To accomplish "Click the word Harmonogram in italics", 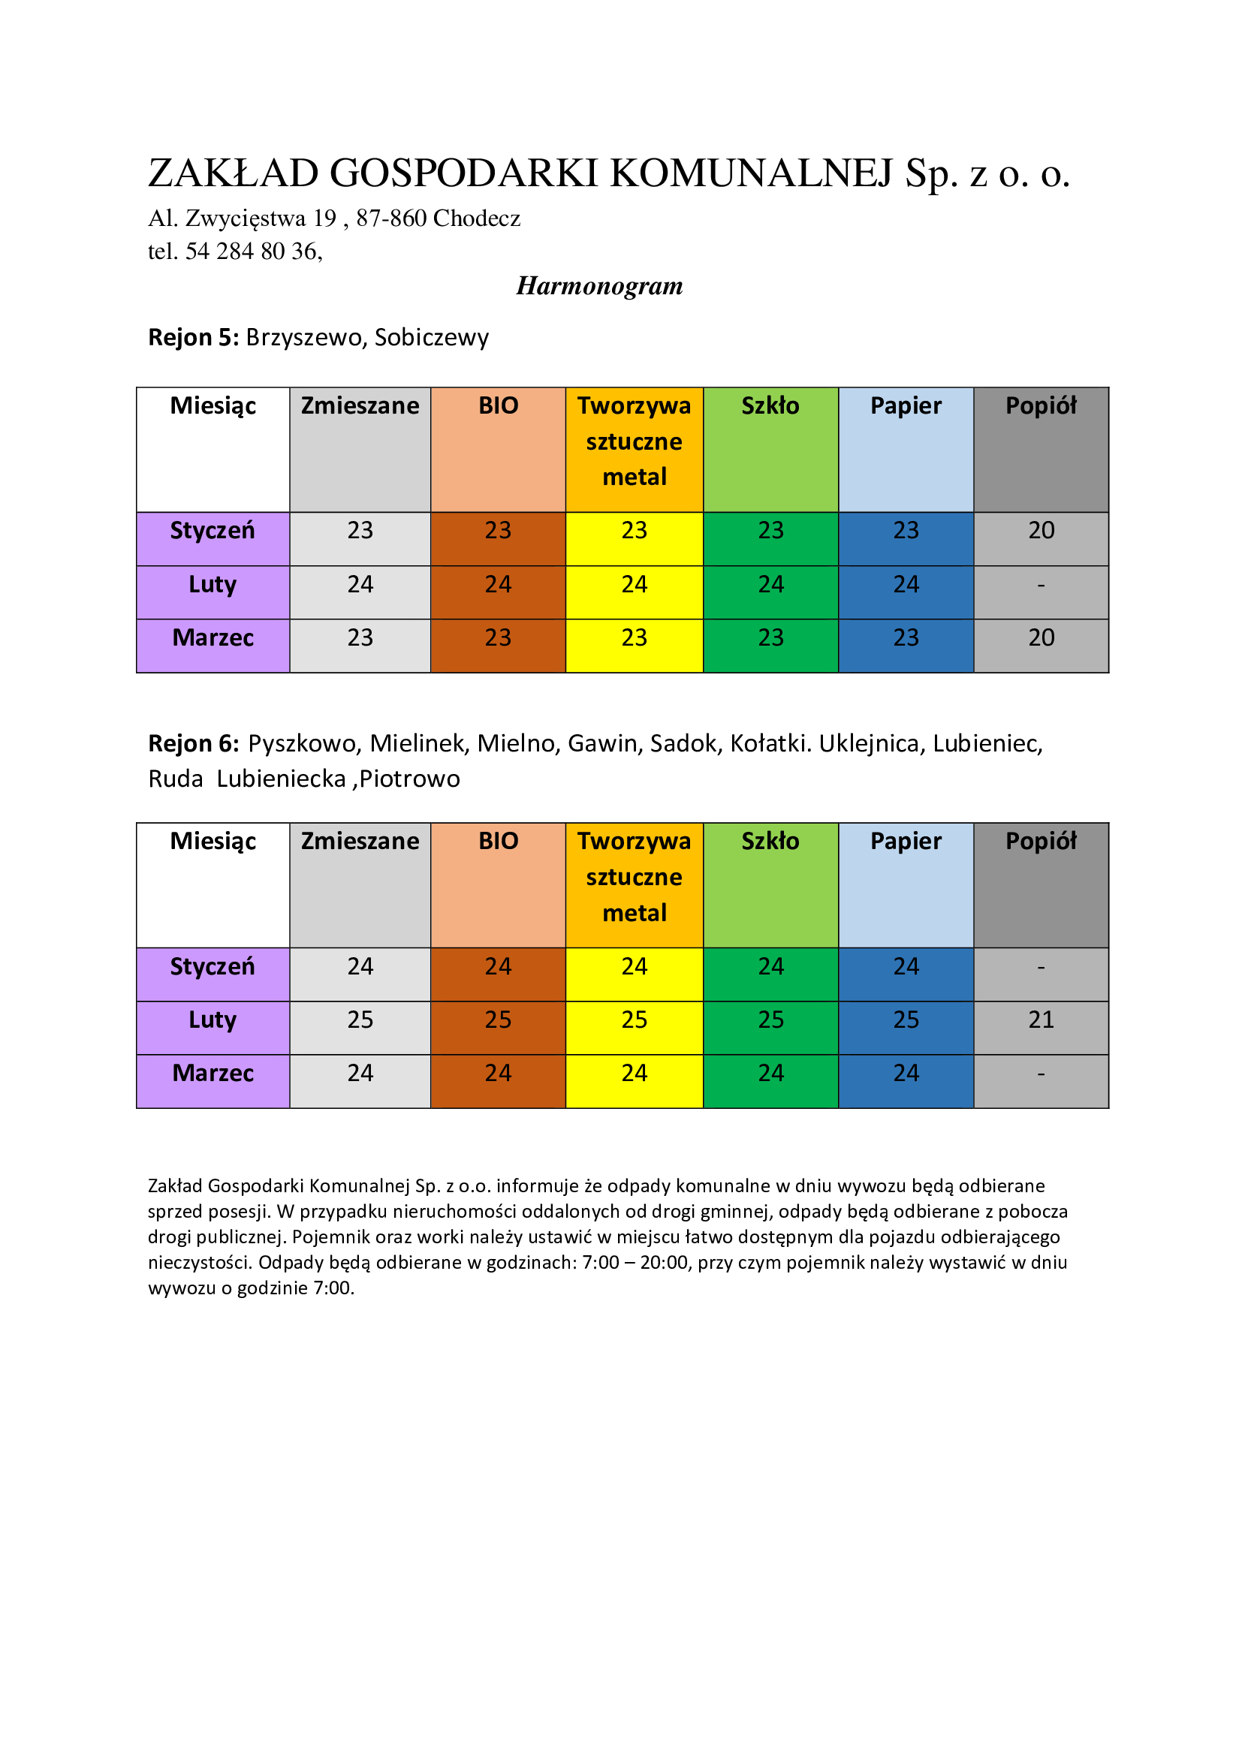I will [599, 286].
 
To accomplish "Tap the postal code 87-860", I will [390, 218].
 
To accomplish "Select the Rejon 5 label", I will [194, 337].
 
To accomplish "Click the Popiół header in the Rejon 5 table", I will [1041, 406].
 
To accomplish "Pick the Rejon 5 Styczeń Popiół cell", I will [1041, 531].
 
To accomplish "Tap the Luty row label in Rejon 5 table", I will [213, 585].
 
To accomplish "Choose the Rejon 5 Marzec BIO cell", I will [498, 638].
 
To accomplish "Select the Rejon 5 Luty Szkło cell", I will [771, 585].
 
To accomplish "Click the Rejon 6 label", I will [194, 743].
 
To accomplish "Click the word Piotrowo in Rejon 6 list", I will [410, 779].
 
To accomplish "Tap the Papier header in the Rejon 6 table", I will [906, 842].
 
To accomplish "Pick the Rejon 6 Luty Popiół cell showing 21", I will [1041, 1020].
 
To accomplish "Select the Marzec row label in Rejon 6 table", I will [213, 1074].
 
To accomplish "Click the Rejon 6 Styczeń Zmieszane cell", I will [360, 967].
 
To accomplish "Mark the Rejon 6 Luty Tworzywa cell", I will [634, 1020].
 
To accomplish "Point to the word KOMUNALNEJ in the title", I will [752, 173].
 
